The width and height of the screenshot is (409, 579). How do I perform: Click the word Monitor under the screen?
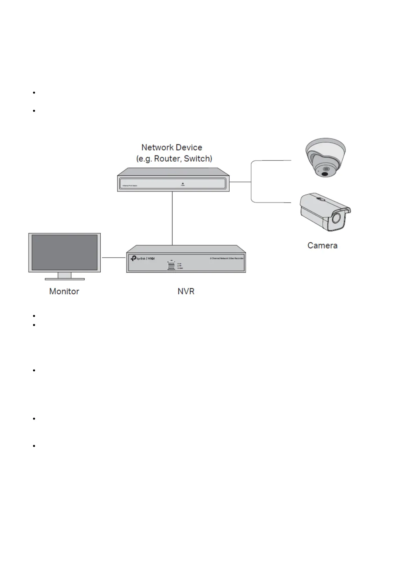(x=64, y=291)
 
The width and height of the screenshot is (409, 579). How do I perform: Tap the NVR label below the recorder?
(x=186, y=291)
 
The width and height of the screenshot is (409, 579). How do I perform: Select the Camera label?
(x=322, y=245)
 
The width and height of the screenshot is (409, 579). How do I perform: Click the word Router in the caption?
(x=167, y=159)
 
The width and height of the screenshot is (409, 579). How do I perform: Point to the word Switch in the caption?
(x=197, y=159)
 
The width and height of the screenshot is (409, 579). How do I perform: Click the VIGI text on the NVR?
(x=151, y=258)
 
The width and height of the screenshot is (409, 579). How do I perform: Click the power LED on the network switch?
(x=183, y=184)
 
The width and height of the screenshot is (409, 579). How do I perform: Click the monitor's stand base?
(x=65, y=278)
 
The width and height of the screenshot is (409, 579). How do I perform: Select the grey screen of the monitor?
(x=65, y=252)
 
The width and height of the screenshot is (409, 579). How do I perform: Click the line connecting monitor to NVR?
(x=113, y=257)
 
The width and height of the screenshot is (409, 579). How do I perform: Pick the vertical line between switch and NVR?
(x=172, y=218)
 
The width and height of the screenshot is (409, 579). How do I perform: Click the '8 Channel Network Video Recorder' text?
(x=226, y=258)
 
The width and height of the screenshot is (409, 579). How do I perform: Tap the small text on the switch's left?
(x=130, y=186)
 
